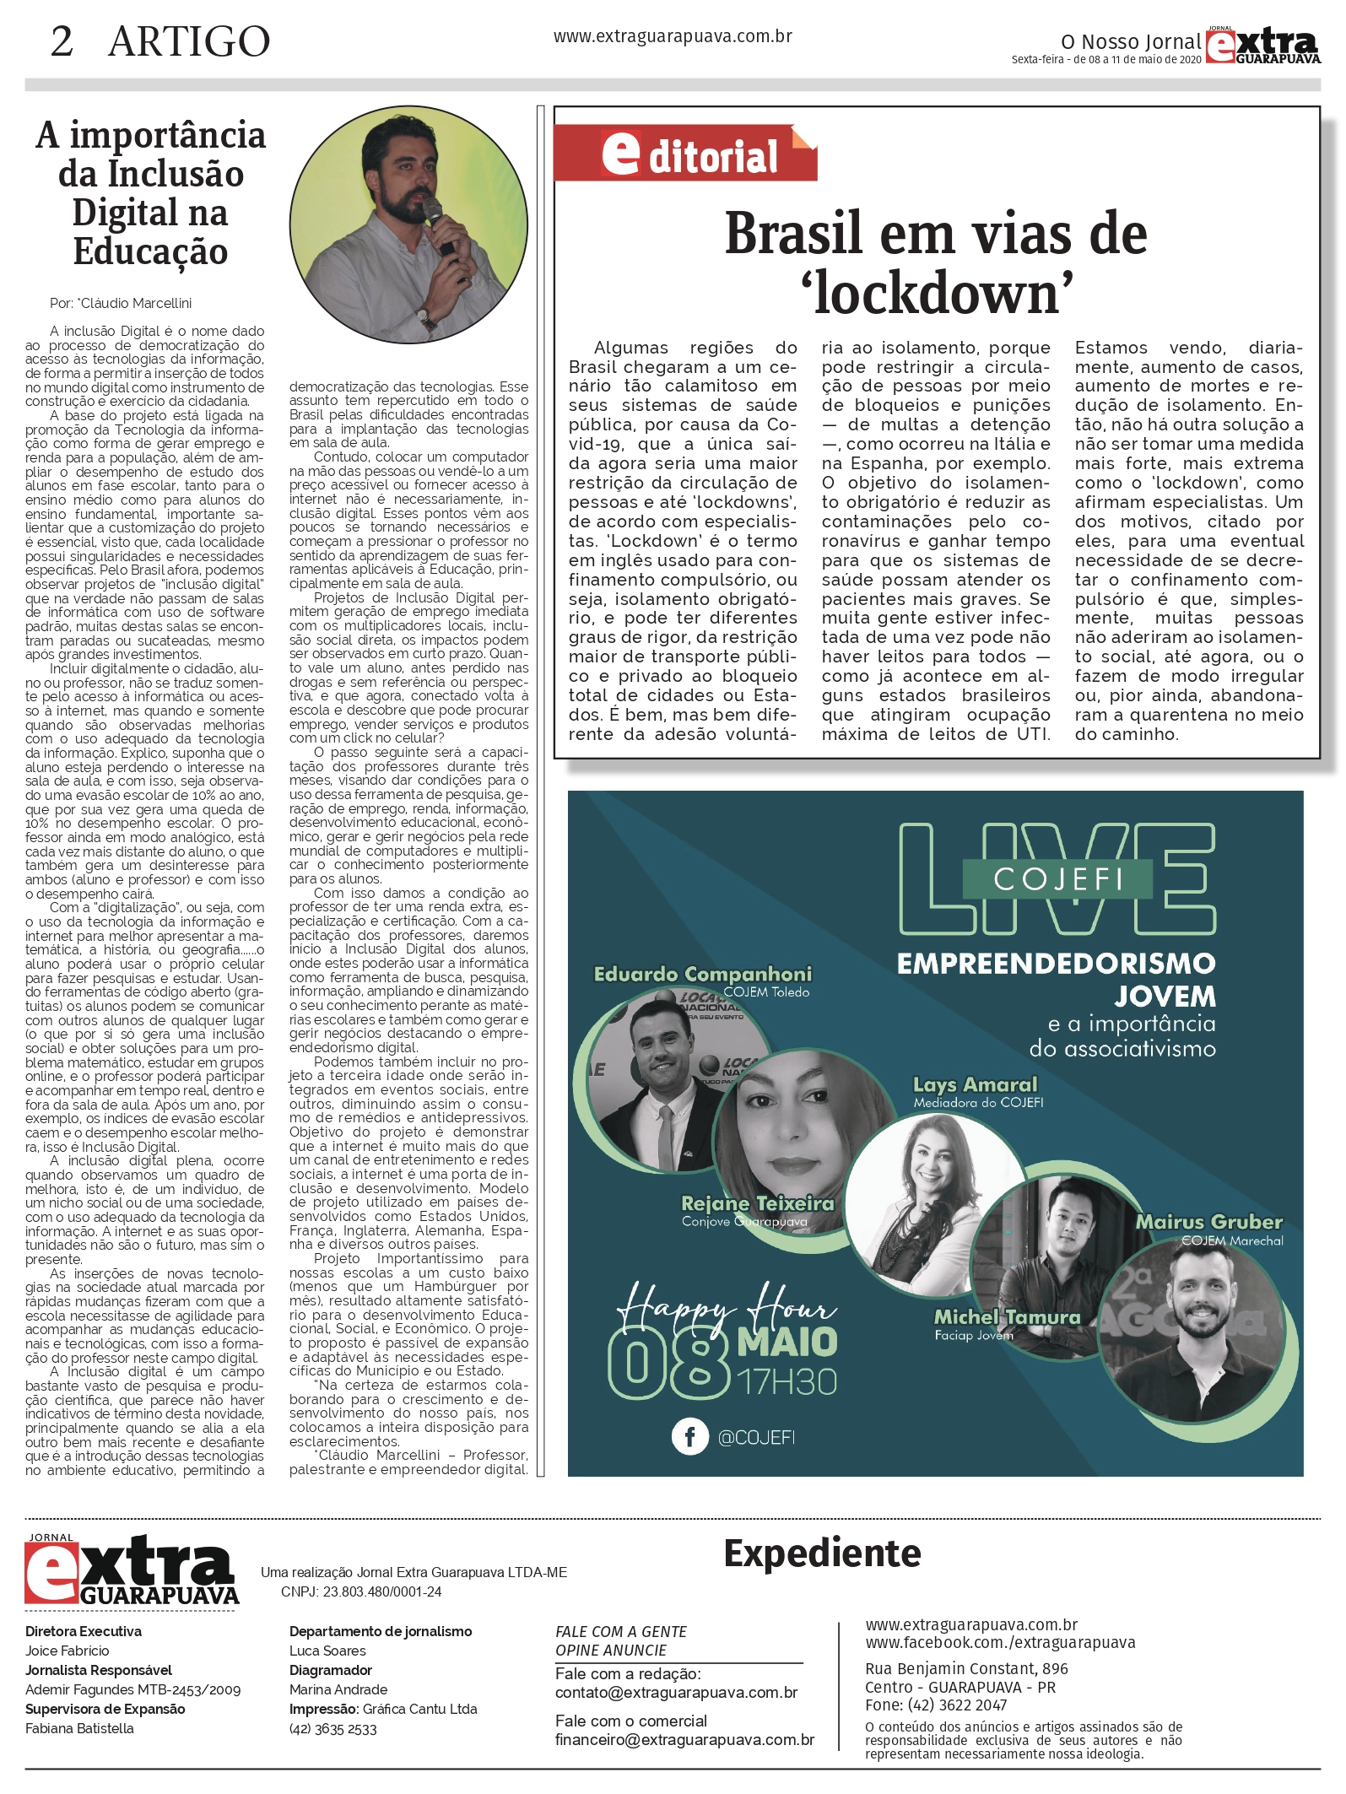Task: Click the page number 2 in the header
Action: [x=62, y=41]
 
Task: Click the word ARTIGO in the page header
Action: [x=189, y=41]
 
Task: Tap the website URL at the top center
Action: [x=673, y=36]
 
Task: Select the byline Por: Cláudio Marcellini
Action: [x=121, y=303]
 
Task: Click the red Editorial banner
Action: [x=685, y=154]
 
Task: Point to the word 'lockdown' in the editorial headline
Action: [x=937, y=294]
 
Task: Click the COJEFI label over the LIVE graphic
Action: [x=1058, y=878]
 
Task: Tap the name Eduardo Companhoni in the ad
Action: [x=702, y=974]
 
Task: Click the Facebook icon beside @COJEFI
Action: [x=689, y=1436]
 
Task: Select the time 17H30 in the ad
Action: [x=787, y=1382]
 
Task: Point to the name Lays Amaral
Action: [x=975, y=1084]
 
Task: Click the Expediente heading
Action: [x=822, y=1554]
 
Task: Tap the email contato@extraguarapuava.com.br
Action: [x=676, y=1692]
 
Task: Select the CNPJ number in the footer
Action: [x=361, y=1591]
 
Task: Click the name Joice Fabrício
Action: [x=68, y=1651]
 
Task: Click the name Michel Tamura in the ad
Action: [x=1007, y=1316]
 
